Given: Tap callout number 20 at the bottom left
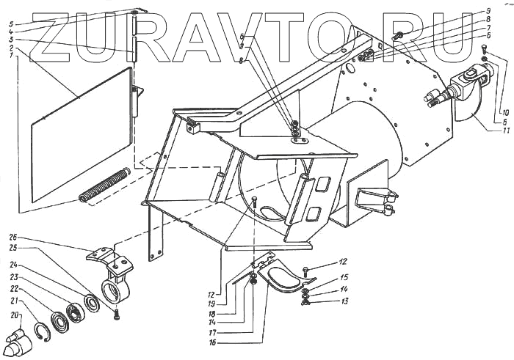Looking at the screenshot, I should (14, 316).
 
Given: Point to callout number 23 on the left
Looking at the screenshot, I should (13, 279).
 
